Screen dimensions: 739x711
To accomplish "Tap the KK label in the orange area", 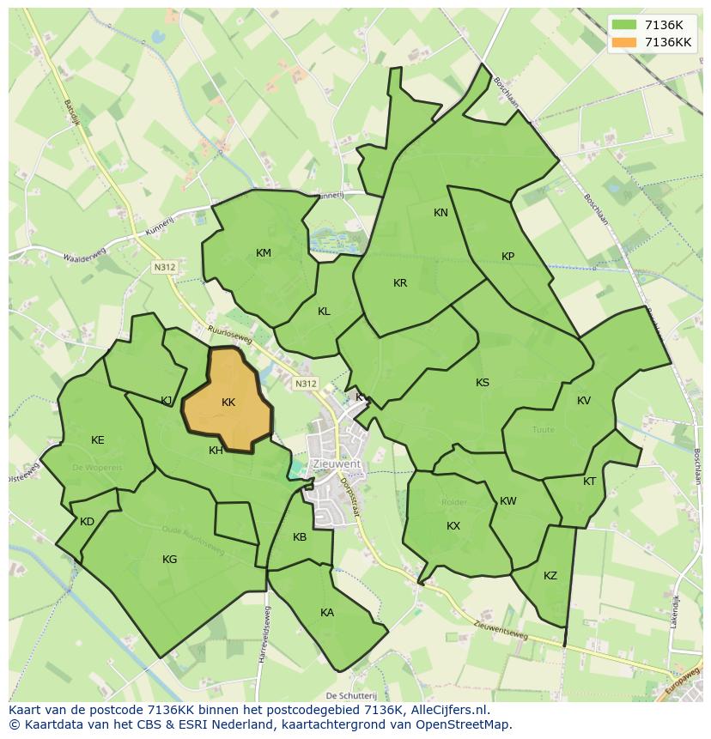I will [x=228, y=403].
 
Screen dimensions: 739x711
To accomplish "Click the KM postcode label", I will [x=264, y=253].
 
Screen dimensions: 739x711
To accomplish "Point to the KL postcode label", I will [x=324, y=312].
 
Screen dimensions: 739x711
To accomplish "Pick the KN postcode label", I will [x=441, y=213].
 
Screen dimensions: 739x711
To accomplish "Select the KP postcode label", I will [x=507, y=257].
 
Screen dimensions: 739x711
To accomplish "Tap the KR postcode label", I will [x=400, y=283].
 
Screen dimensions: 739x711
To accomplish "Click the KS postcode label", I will [x=483, y=383].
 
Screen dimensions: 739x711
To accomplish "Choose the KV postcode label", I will [x=584, y=401].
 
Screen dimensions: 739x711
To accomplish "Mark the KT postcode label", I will [x=589, y=482].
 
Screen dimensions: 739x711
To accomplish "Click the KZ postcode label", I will [x=550, y=576].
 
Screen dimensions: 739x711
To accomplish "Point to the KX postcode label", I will [x=453, y=526].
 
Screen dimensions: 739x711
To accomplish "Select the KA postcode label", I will [x=327, y=613].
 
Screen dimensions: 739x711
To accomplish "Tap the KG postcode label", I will [x=170, y=560].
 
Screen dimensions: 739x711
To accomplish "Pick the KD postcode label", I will [x=87, y=522].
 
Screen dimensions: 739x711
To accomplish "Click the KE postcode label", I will [x=98, y=440].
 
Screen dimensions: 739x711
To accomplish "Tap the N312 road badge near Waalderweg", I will [x=164, y=268].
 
